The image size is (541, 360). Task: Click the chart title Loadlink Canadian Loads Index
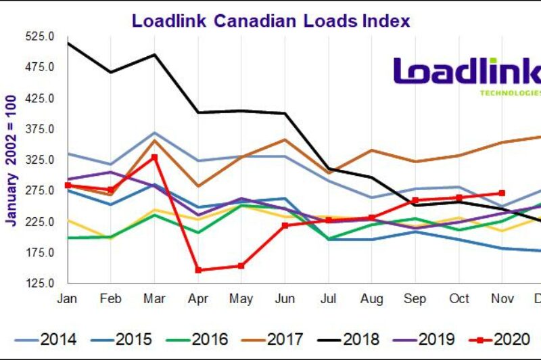pos(270,20)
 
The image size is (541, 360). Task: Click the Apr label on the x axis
pos(198,299)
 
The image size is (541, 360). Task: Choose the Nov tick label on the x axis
pos(502,299)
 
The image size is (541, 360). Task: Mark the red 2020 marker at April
pos(198,270)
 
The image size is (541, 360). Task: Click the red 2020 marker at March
pos(154,157)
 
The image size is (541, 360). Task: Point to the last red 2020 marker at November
pos(502,193)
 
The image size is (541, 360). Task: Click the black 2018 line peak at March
pos(154,55)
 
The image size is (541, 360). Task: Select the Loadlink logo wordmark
pos(467,72)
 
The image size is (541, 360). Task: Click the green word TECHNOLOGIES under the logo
pos(511,93)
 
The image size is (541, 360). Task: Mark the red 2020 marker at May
pos(241,266)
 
